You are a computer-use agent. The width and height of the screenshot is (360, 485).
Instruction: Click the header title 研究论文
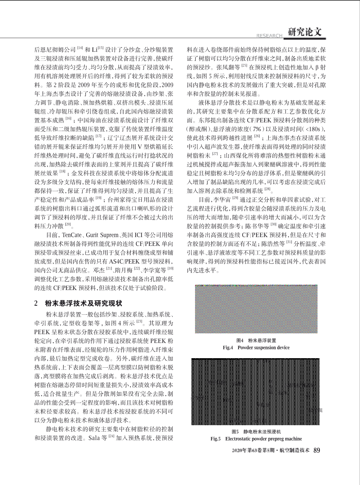[305, 32]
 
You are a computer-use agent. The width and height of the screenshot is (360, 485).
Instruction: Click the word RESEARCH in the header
[270, 36]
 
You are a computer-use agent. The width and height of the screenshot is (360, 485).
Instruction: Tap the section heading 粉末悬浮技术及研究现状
[83, 303]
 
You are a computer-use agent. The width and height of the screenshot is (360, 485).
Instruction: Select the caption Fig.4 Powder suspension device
[256, 347]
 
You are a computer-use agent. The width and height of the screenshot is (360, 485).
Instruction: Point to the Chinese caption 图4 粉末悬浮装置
[256, 341]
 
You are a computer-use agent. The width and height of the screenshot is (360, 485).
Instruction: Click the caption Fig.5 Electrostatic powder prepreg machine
[256, 439]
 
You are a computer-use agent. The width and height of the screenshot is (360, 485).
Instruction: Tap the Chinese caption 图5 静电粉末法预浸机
[256, 432]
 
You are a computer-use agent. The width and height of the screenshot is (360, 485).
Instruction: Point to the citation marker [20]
[68, 224]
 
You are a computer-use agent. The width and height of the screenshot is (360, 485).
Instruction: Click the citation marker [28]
[267, 189]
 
